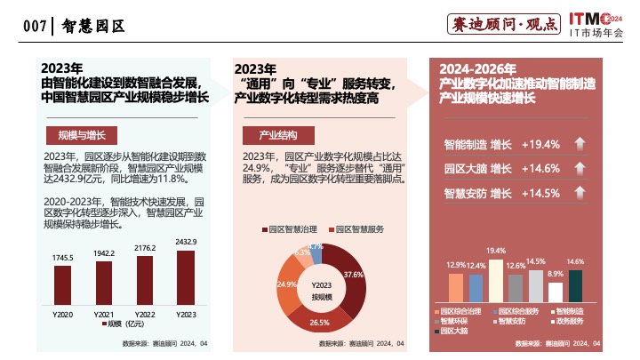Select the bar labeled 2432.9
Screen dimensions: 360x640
pyautogui.click(x=185, y=277)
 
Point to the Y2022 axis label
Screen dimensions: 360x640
pyautogui.click(x=145, y=315)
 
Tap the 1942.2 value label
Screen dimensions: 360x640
pyautogui.click(x=103, y=253)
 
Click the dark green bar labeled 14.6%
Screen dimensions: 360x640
pyautogui.click(x=575, y=285)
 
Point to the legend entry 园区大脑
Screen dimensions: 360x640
pyautogui.click(x=457, y=330)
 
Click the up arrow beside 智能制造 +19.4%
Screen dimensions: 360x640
pyautogui.click(x=580, y=144)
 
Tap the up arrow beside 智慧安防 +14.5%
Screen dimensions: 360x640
pyautogui.click(x=580, y=193)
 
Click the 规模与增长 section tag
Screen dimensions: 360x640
pyautogui.click(x=81, y=135)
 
